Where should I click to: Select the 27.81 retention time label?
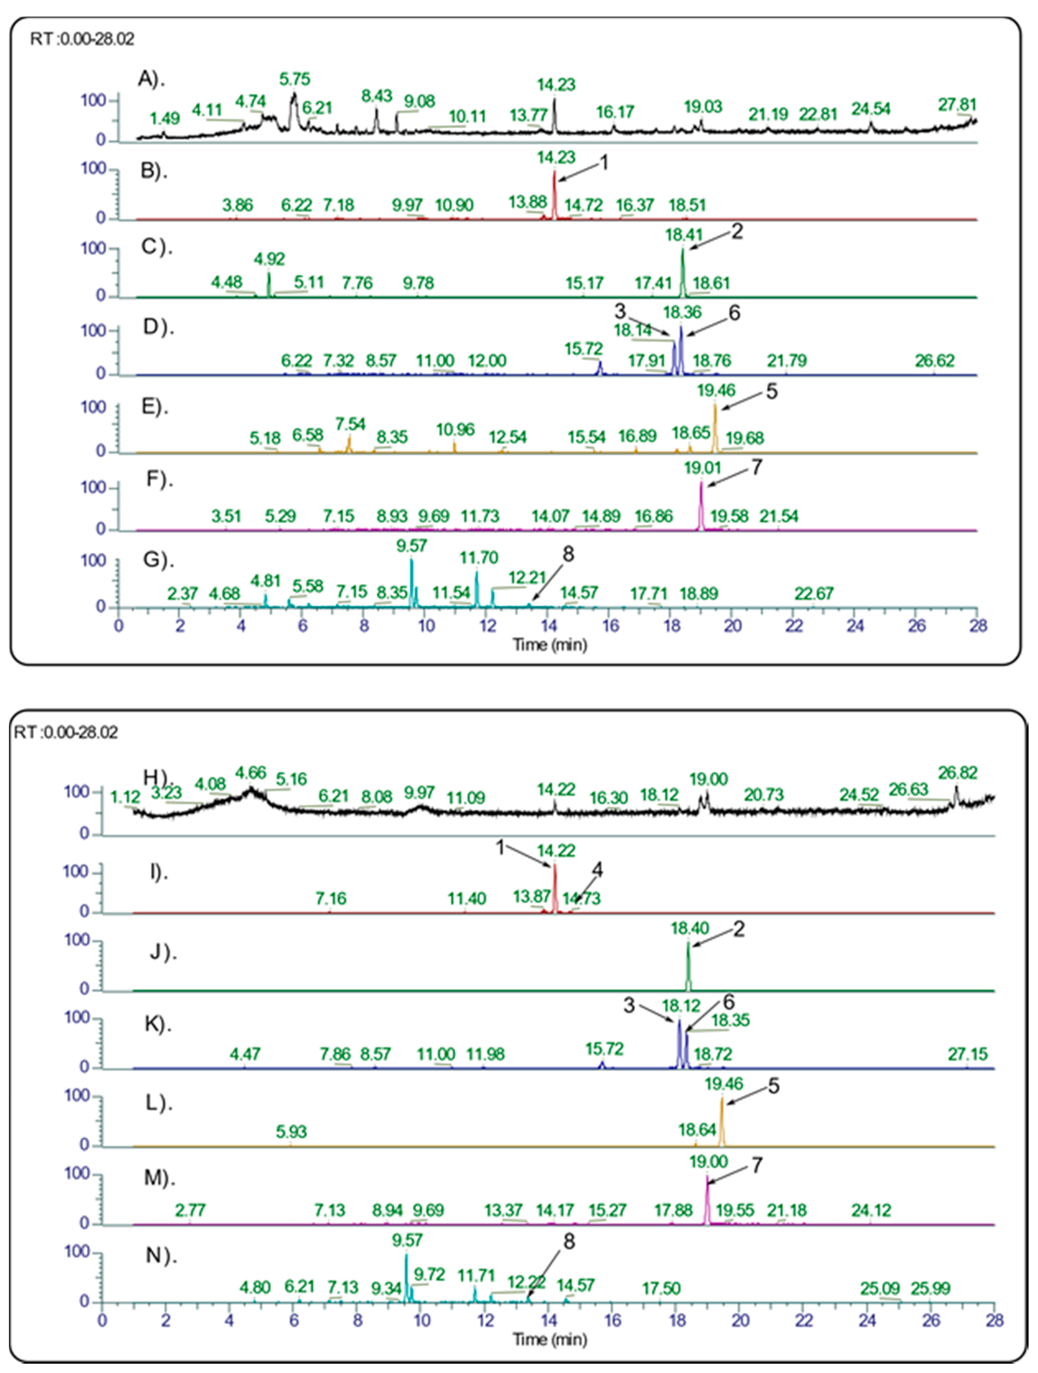point(957,104)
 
